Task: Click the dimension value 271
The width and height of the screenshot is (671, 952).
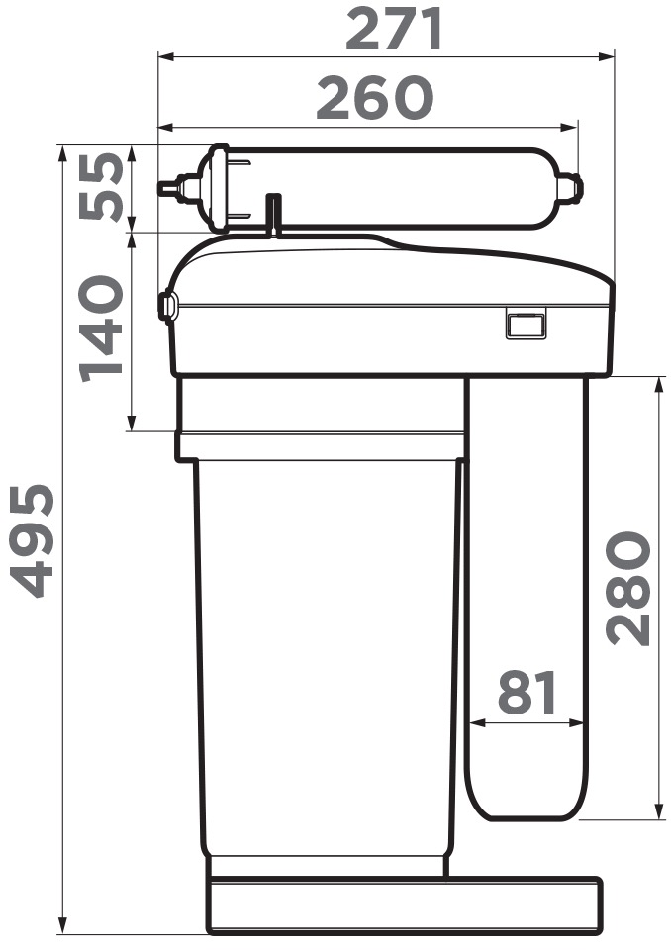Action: (394, 30)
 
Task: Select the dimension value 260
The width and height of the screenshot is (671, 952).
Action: (375, 98)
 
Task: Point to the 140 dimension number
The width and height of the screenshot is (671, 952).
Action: (101, 329)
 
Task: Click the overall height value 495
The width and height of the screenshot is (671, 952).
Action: (34, 540)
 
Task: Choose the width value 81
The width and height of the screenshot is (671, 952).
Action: (527, 692)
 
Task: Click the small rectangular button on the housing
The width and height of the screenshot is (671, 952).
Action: (526, 323)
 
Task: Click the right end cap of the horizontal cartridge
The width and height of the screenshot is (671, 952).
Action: (570, 187)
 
